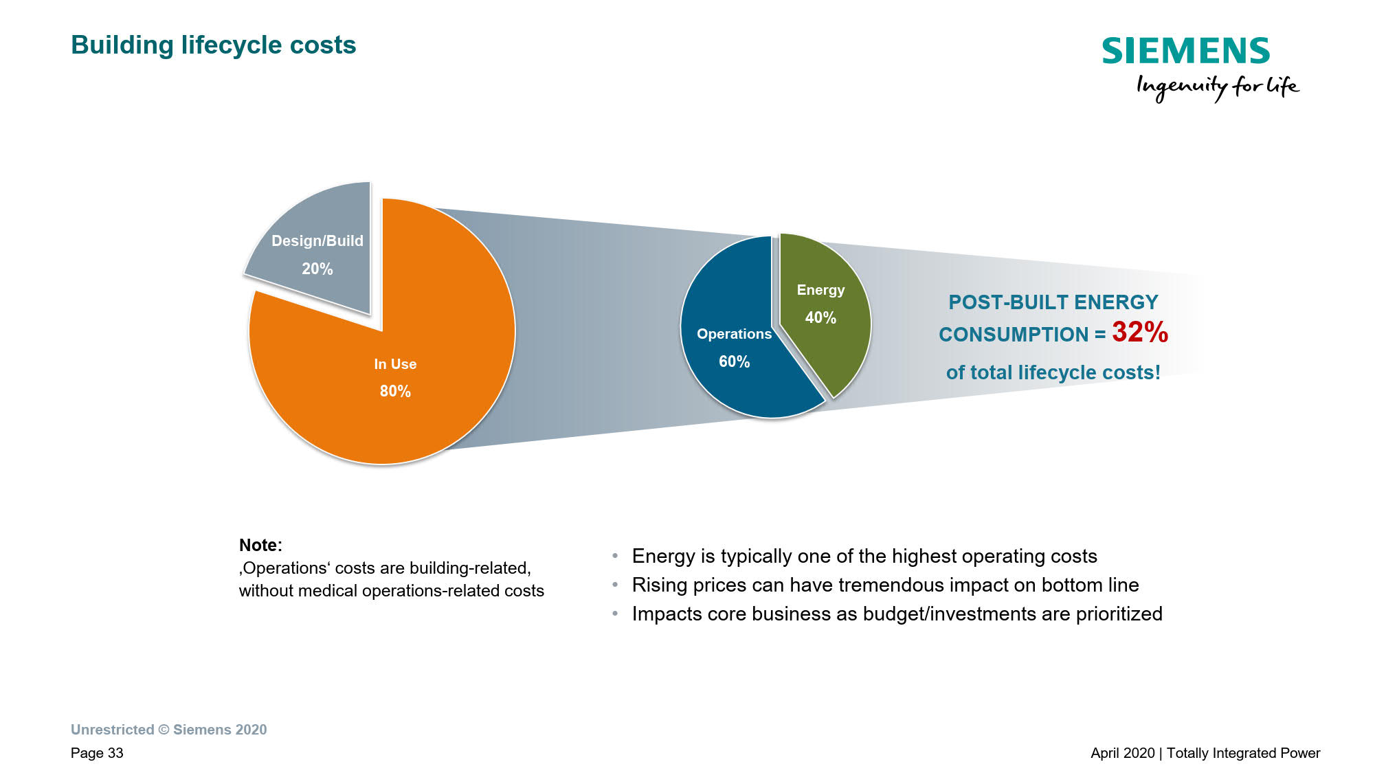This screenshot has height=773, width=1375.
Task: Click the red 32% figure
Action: click(1140, 332)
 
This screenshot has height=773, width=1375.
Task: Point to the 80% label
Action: click(395, 391)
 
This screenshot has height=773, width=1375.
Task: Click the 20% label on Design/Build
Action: click(317, 269)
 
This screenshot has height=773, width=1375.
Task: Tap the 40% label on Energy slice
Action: click(820, 317)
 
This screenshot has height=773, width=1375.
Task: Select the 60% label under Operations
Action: click(734, 361)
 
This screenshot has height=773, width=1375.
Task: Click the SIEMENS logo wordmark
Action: click(1186, 51)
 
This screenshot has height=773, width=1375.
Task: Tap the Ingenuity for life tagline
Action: click(1218, 87)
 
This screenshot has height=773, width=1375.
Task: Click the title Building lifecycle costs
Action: click(214, 45)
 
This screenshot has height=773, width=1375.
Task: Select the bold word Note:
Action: click(260, 545)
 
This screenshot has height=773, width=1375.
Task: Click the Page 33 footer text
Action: click(97, 753)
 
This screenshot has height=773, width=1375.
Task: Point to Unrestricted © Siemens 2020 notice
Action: click(169, 730)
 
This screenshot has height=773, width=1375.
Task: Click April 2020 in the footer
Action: click(1123, 753)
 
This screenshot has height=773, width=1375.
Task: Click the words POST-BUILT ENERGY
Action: click(1053, 302)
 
